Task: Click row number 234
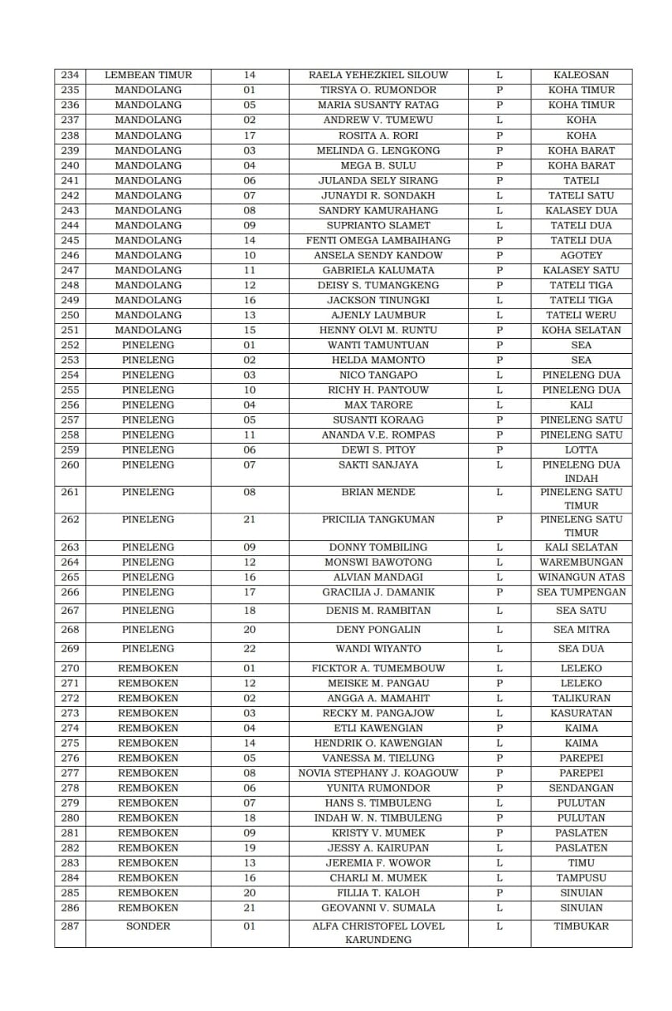70,75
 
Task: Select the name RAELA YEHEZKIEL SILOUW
378,75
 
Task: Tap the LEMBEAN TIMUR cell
148,75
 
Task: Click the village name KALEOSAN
581,75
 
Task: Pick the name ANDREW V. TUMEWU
378,120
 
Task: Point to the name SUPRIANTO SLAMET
378,225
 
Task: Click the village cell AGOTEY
581,255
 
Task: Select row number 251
70,330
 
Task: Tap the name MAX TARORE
378,405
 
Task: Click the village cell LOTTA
581,450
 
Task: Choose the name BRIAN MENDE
378,492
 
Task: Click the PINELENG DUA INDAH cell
581,472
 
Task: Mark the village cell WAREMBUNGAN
581,562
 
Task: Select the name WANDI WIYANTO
378,648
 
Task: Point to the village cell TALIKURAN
581,698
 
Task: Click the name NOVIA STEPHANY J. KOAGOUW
378,773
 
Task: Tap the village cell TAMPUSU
581,878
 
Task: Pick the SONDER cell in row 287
148,926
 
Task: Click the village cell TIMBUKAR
581,926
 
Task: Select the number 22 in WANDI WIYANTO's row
250,648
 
